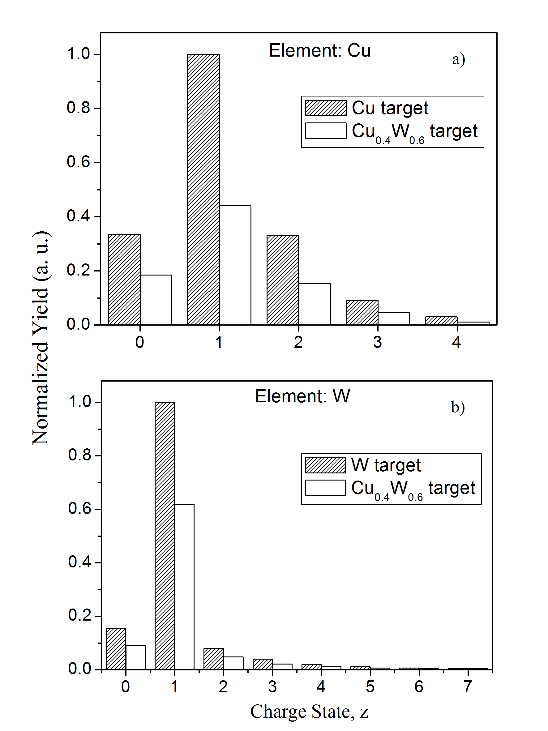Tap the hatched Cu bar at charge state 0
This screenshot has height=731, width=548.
124,280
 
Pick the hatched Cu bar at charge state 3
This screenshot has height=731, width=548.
362,312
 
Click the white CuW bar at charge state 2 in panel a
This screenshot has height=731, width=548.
314,304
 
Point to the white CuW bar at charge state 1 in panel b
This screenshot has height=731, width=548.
184,587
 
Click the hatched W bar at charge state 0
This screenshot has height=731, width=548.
116,649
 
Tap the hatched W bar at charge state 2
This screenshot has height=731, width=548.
213,659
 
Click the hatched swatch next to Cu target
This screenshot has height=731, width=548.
326,108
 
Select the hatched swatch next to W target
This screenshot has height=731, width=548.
325,465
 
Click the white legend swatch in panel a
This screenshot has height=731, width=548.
326,130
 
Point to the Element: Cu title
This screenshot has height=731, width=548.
319,51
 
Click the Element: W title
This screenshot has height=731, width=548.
302,396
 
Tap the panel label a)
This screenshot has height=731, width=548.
458,59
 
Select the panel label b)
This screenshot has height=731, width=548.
458,407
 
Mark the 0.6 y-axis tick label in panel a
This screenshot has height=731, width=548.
78,162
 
